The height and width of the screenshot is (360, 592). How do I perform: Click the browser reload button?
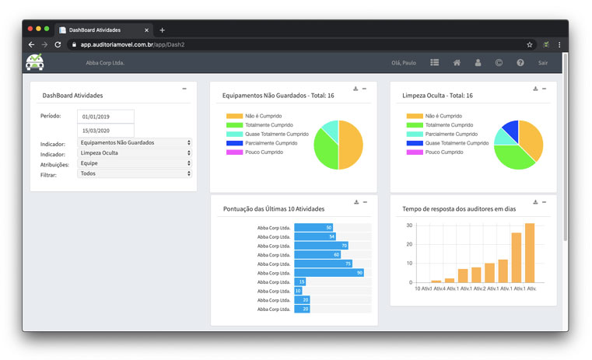[58, 44]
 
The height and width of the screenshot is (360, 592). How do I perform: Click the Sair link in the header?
[543, 62]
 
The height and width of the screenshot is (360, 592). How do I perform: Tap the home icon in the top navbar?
[457, 62]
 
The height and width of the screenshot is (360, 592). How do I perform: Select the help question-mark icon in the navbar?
[520, 62]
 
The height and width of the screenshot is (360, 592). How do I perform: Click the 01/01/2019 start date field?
[106, 117]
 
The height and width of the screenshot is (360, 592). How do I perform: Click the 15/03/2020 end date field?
[106, 131]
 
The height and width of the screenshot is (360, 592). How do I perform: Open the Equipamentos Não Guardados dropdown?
[135, 143]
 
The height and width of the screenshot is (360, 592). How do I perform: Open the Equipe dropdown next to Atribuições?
[135, 163]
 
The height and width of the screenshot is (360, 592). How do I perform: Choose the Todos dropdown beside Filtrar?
[135, 173]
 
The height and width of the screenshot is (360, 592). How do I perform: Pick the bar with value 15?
[300, 281]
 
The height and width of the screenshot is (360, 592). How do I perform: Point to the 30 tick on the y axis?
[409, 225]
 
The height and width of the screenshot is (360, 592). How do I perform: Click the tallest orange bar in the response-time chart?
[530, 253]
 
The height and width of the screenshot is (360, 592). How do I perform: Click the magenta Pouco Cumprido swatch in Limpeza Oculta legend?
[414, 152]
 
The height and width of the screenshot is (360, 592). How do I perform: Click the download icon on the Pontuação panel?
[356, 202]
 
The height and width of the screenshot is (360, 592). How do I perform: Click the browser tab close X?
[146, 30]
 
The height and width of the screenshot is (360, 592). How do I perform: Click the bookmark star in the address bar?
[530, 44]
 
